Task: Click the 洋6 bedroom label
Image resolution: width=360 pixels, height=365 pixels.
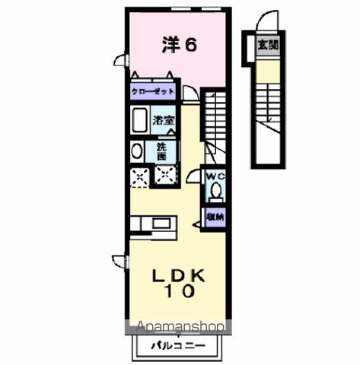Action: tap(180, 45)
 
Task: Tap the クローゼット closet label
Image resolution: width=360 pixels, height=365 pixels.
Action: tap(153, 91)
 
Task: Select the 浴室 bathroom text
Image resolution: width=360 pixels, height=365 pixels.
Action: tap(164, 120)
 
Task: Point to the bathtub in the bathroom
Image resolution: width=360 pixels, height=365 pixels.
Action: tap(139, 120)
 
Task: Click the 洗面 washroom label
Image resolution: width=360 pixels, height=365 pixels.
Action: tap(162, 150)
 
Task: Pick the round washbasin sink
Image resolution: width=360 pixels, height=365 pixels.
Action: tap(137, 151)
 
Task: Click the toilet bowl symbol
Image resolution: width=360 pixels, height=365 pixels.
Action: tap(215, 191)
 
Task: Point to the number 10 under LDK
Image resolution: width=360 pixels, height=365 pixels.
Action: tap(180, 291)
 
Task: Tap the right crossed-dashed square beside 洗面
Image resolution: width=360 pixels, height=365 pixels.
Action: tap(165, 176)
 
